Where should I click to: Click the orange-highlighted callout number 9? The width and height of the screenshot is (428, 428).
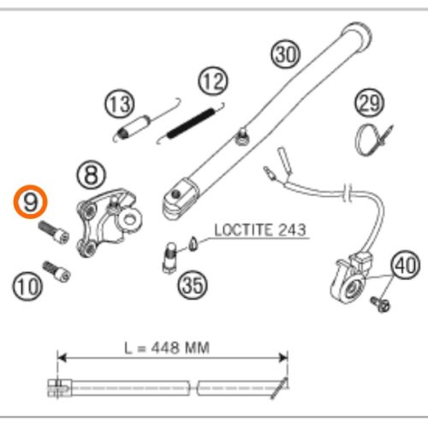point(30,202)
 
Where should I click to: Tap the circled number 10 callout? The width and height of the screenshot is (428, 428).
point(27,286)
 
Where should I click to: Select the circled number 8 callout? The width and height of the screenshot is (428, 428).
point(92,175)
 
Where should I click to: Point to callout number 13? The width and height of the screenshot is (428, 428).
point(120,104)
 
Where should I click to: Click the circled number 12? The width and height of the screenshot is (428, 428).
point(213,81)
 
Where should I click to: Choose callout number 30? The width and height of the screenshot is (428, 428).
point(286,54)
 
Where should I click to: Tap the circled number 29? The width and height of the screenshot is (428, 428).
point(370,103)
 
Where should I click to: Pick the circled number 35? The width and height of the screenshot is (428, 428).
point(193,285)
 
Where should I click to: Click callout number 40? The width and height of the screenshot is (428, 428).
point(405,265)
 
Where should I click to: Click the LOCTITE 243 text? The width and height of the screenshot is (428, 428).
point(260,230)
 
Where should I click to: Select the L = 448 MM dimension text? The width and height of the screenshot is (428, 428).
point(167,348)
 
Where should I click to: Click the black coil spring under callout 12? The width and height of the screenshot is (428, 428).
point(191,123)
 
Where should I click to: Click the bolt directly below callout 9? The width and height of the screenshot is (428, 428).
point(54,233)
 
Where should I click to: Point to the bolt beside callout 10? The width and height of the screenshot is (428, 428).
point(57,272)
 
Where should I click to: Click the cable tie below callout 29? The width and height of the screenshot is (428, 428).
point(373,140)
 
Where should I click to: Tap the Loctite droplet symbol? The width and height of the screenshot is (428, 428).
point(193,244)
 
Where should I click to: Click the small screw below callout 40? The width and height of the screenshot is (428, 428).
point(381,304)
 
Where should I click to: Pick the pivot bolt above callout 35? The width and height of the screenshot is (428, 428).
point(170,258)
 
